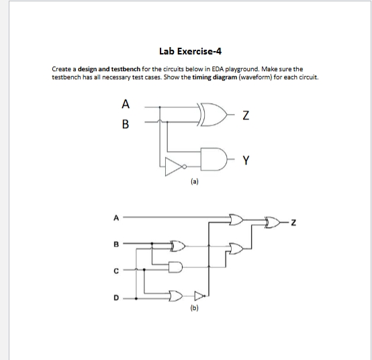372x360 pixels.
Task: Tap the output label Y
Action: point(246,160)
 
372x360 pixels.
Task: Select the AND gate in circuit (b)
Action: point(177,268)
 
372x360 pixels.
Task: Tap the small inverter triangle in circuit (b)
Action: point(199,294)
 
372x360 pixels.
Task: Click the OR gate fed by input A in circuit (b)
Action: point(236,219)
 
